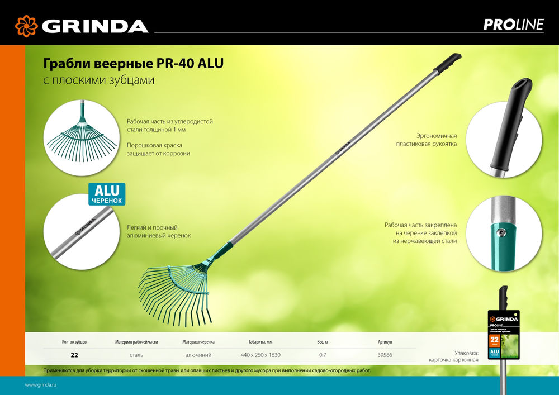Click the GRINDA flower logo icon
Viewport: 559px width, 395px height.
26,26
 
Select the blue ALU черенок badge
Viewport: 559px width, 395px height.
107,193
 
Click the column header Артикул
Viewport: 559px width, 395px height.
385,341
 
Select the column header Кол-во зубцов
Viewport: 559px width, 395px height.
74,341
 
